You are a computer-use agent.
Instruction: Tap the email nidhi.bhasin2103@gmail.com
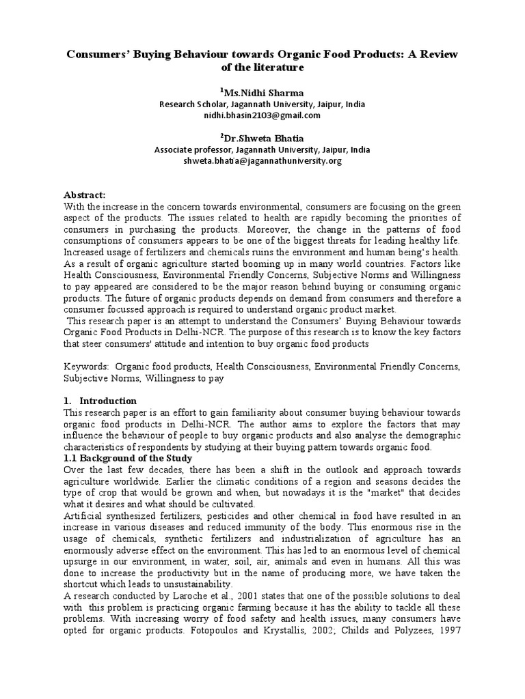point(262,115)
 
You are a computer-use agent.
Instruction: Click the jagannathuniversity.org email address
point(262,161)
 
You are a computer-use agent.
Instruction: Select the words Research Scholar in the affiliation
point(188,104)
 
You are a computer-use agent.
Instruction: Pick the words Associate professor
point(192,149)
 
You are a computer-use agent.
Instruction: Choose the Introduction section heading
point(108,401)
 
